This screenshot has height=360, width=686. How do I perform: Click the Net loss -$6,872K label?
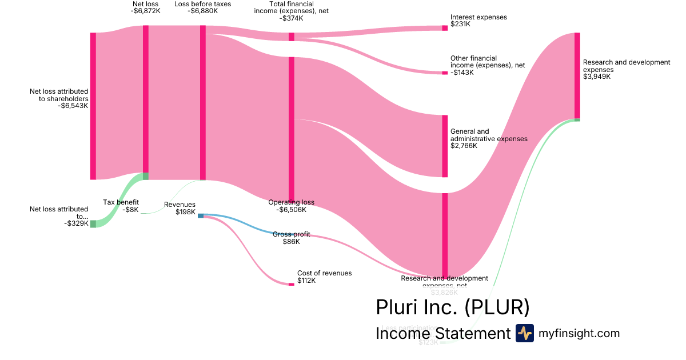[x=145, y=8]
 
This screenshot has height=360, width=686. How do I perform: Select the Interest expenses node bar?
[x=445, y=27]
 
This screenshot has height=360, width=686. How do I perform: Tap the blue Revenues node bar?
[x=201, y=215]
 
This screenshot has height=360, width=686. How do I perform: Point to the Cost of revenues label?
[x=324, y=273]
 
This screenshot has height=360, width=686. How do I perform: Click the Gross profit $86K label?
[x=292, y=238]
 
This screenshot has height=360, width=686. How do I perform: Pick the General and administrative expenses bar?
[x=445, y=146]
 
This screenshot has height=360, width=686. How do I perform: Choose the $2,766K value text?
[x=463, y=146]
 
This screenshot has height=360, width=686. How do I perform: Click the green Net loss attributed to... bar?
[x=93, y=224]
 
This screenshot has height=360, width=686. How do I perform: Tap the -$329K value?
[x=76, y=223]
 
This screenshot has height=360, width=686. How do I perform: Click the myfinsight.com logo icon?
[x=524, y=333]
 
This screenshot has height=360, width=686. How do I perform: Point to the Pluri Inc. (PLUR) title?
[x=452, y=307]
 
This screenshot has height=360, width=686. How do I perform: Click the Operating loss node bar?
[x=292, y=129]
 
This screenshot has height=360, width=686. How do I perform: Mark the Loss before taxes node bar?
[x=202, y=103]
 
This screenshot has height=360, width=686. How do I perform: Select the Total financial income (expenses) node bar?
[x=292, y=37]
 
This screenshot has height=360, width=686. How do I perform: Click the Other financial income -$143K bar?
[x=445, y=73]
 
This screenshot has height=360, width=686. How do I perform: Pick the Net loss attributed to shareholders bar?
[x=93, y=106]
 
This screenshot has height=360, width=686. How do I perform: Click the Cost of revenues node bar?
[x=292, y=284]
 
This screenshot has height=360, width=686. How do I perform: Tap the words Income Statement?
[x=442, y=334]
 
